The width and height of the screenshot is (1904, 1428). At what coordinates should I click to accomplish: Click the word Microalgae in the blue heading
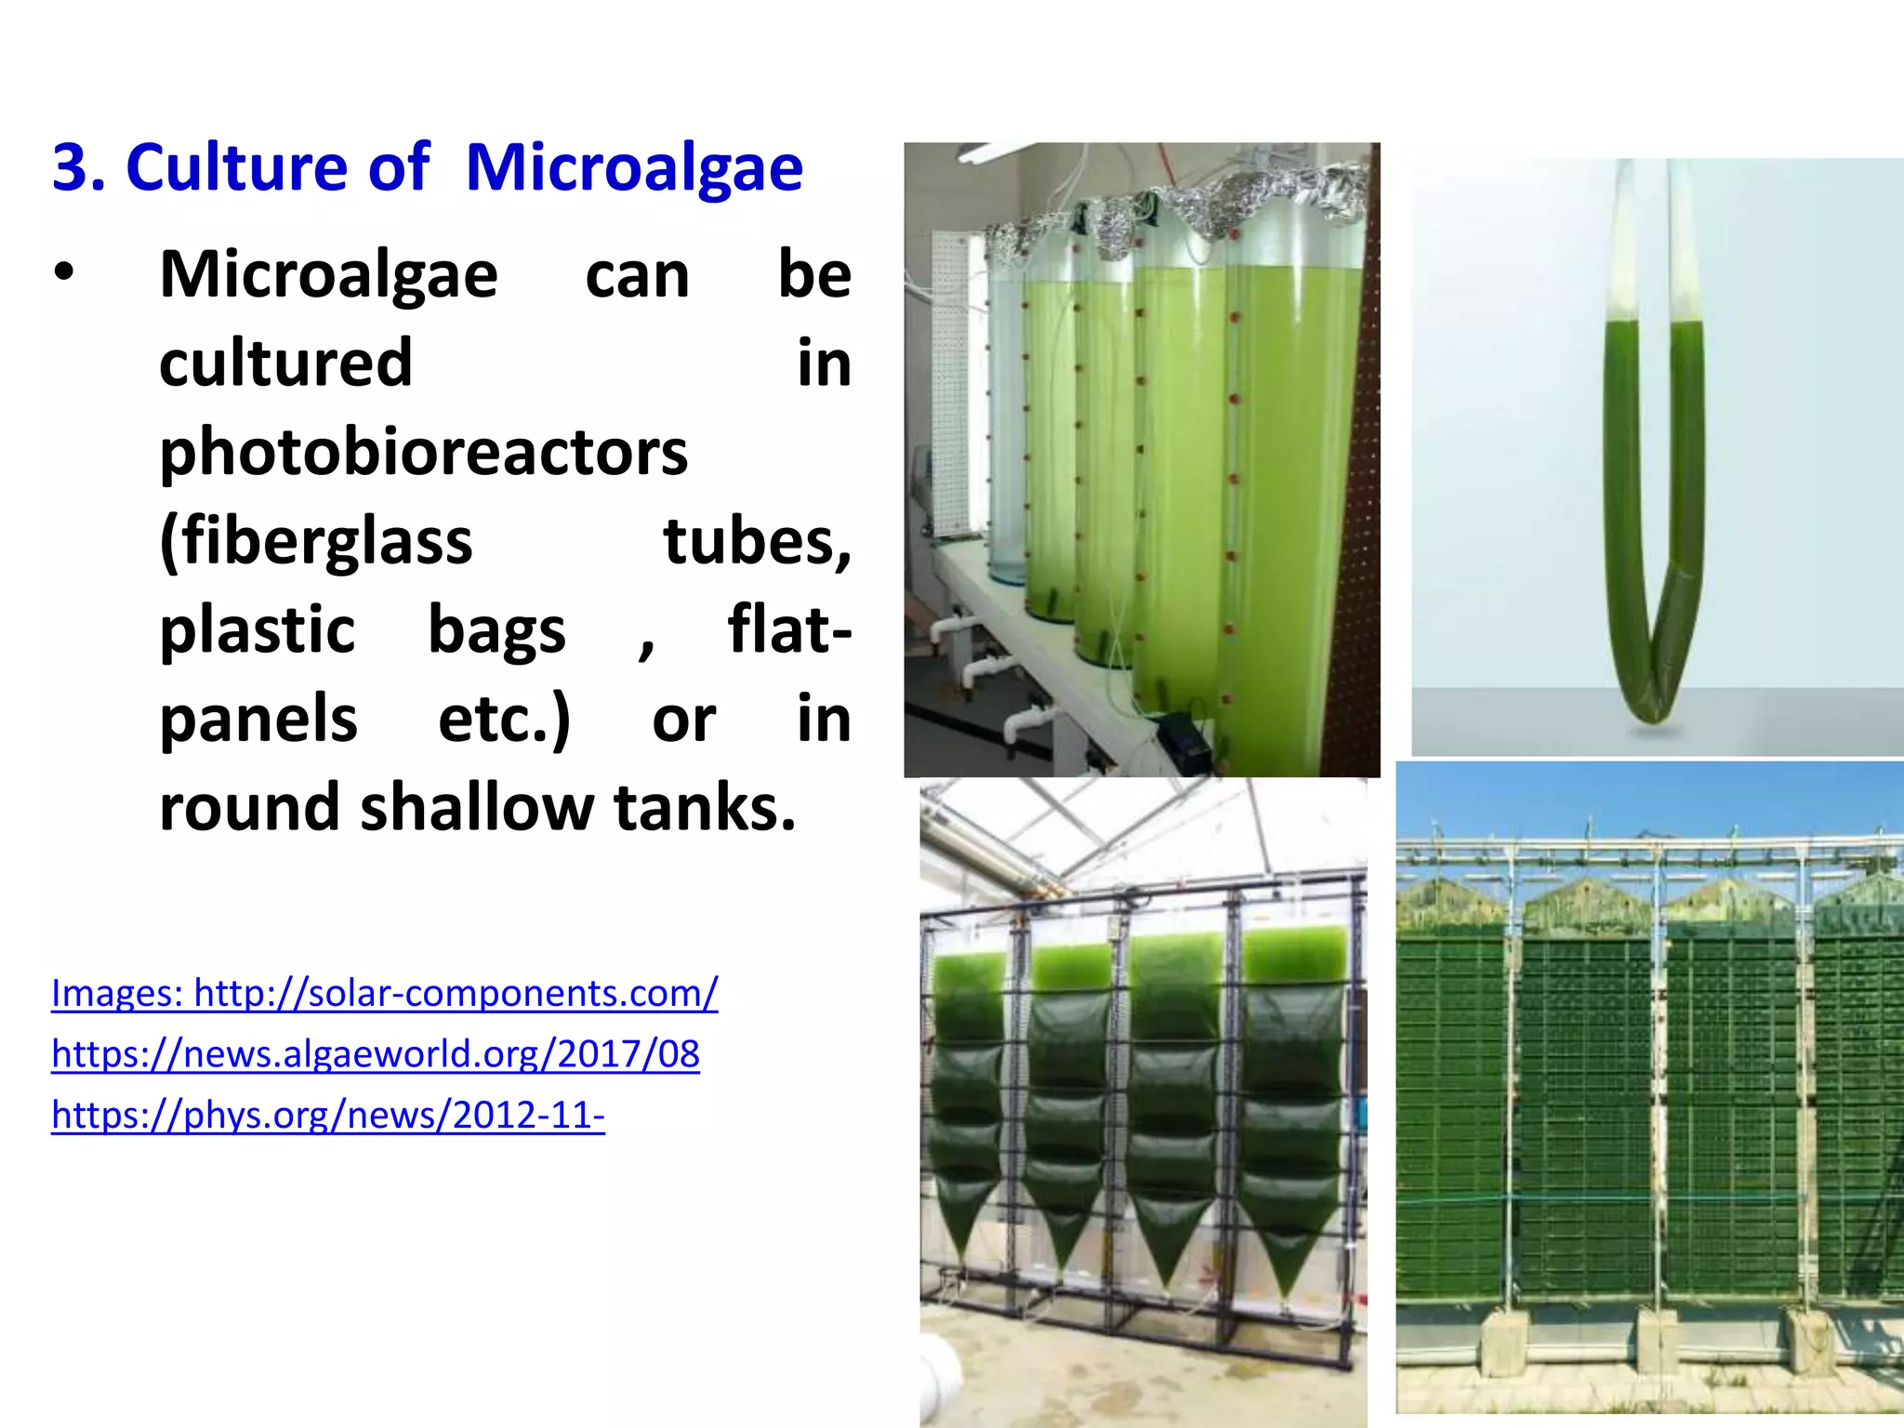[634, 168]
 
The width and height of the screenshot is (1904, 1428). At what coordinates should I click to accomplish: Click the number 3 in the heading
[68, 168]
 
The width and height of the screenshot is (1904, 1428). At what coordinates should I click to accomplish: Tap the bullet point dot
[63, 273]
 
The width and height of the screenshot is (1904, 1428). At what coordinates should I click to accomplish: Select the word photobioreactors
[423, 453]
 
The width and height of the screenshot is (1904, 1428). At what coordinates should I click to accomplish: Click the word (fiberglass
[316, 541]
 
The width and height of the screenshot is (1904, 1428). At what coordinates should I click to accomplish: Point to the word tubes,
[757, 541]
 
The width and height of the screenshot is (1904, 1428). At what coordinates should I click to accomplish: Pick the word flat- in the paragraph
[788, 629]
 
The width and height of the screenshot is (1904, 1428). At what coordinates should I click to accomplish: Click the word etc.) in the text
[504, 719]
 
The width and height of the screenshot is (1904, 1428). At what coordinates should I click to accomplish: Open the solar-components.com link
[384, 993]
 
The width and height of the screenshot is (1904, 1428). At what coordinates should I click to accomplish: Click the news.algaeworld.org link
[375, 1053]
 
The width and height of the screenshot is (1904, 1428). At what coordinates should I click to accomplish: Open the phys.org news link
[327, 1115]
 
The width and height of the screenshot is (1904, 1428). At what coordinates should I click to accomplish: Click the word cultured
[285, 364]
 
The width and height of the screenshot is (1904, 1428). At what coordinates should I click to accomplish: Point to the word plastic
[258, 629]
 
